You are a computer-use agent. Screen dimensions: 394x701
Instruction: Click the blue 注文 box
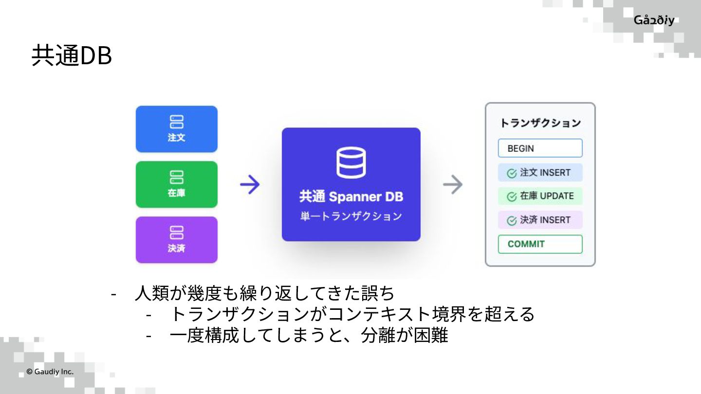(x=176, y=129)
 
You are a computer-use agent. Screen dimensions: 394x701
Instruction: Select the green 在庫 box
(x=176, y=184)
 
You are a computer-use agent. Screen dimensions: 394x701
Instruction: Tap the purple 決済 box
(x=176, y=240)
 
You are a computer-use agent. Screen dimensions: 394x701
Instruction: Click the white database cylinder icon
(x=351, y=162)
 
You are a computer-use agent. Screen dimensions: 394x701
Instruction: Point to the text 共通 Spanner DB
(x=351, y=197)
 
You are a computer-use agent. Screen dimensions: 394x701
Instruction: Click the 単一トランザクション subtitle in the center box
(x=351, y=216)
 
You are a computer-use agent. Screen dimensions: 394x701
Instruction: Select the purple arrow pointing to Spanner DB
(x=250, y=185)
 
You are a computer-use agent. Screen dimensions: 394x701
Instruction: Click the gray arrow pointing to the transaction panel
(x=453, y=185)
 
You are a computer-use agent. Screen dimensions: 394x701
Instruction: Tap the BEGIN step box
(x=540, y=148)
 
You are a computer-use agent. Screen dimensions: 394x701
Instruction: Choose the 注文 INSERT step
(x=540, y=173)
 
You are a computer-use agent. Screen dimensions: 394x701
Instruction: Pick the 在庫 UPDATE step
(x=540, y=196)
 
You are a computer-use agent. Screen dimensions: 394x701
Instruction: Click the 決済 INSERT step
(x=540, y=220)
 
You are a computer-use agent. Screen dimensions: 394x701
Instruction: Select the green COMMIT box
(x=540, y=244)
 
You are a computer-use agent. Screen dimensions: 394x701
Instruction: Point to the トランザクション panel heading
(x=540, y=123)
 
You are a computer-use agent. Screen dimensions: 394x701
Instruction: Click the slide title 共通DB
(x=72, y=56)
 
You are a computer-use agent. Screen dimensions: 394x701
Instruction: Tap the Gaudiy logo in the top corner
(x=654, y=20)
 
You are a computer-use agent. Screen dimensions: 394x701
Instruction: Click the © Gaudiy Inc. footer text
(x=50, y=372)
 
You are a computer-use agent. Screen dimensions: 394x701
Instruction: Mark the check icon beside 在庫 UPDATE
(x=512, y=197)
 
